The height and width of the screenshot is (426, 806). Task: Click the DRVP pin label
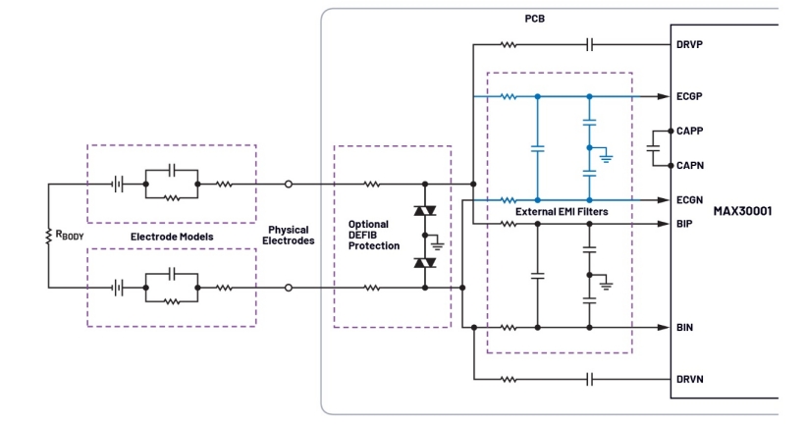(691, 44)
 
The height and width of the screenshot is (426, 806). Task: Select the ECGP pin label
(691, 96)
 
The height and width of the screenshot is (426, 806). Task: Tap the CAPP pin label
(691, 131)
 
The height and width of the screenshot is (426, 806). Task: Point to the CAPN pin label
(691, 165)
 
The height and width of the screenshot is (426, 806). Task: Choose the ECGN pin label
(691, 200)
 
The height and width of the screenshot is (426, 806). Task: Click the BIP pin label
(685, 224)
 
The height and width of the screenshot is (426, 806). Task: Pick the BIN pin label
(685, 327)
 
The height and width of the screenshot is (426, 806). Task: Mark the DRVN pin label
(691, 379)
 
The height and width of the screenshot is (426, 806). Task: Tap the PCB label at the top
(536, 19)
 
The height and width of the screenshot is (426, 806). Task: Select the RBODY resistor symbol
(48, 236)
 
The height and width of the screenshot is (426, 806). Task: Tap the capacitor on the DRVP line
(589, 44)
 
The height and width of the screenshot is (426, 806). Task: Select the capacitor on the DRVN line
(589, 379)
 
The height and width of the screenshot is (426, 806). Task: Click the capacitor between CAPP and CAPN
(653, 148)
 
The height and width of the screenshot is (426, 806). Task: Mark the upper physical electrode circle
(288, 184)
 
